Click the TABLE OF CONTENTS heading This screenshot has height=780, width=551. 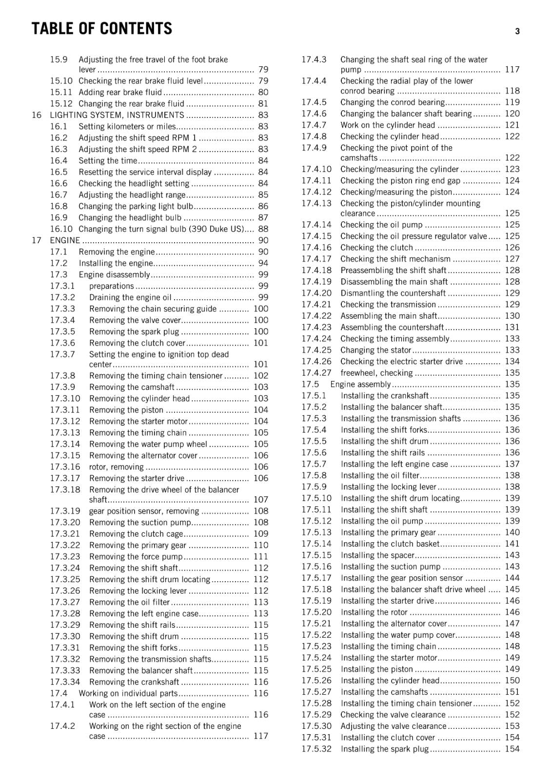102,29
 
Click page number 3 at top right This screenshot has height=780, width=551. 517,31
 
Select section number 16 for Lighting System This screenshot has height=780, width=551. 37,115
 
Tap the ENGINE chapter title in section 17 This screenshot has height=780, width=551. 65,240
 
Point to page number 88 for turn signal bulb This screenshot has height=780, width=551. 263,229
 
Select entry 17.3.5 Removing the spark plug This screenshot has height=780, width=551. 134,331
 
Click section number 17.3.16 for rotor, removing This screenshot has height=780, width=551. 65,467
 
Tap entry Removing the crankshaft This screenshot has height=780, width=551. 134,682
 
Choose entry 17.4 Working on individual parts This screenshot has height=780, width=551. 128,693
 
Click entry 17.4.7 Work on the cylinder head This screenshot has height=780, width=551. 387,125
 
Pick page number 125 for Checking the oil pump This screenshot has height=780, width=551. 512,225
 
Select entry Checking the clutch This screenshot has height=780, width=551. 376,248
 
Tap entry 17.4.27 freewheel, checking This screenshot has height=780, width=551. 376,373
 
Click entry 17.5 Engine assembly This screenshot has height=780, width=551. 360,384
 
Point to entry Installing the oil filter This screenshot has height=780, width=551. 380,475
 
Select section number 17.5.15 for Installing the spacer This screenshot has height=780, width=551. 316,555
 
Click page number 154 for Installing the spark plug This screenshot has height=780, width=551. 512,749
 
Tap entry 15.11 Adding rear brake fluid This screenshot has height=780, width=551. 120,92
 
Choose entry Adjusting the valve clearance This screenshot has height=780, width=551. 393,726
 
